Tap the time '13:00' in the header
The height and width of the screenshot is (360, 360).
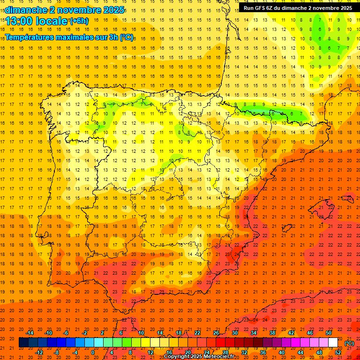coord(21,21)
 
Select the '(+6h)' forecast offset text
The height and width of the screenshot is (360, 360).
coord(78,21)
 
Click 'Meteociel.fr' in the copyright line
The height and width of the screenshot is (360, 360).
coord(220,357)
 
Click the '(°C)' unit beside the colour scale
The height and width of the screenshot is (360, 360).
coord(349,343)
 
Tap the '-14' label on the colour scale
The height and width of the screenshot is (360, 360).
coord(30,333)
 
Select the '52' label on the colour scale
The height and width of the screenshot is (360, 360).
coord(338,352)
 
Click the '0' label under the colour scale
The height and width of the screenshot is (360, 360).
coord(93,352)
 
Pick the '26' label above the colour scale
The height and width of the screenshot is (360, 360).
coord(216,333)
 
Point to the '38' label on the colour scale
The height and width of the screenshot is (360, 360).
coord(272,333)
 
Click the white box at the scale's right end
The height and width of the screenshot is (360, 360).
coord(333,343)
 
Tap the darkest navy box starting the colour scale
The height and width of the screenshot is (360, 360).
coord(23,343)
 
